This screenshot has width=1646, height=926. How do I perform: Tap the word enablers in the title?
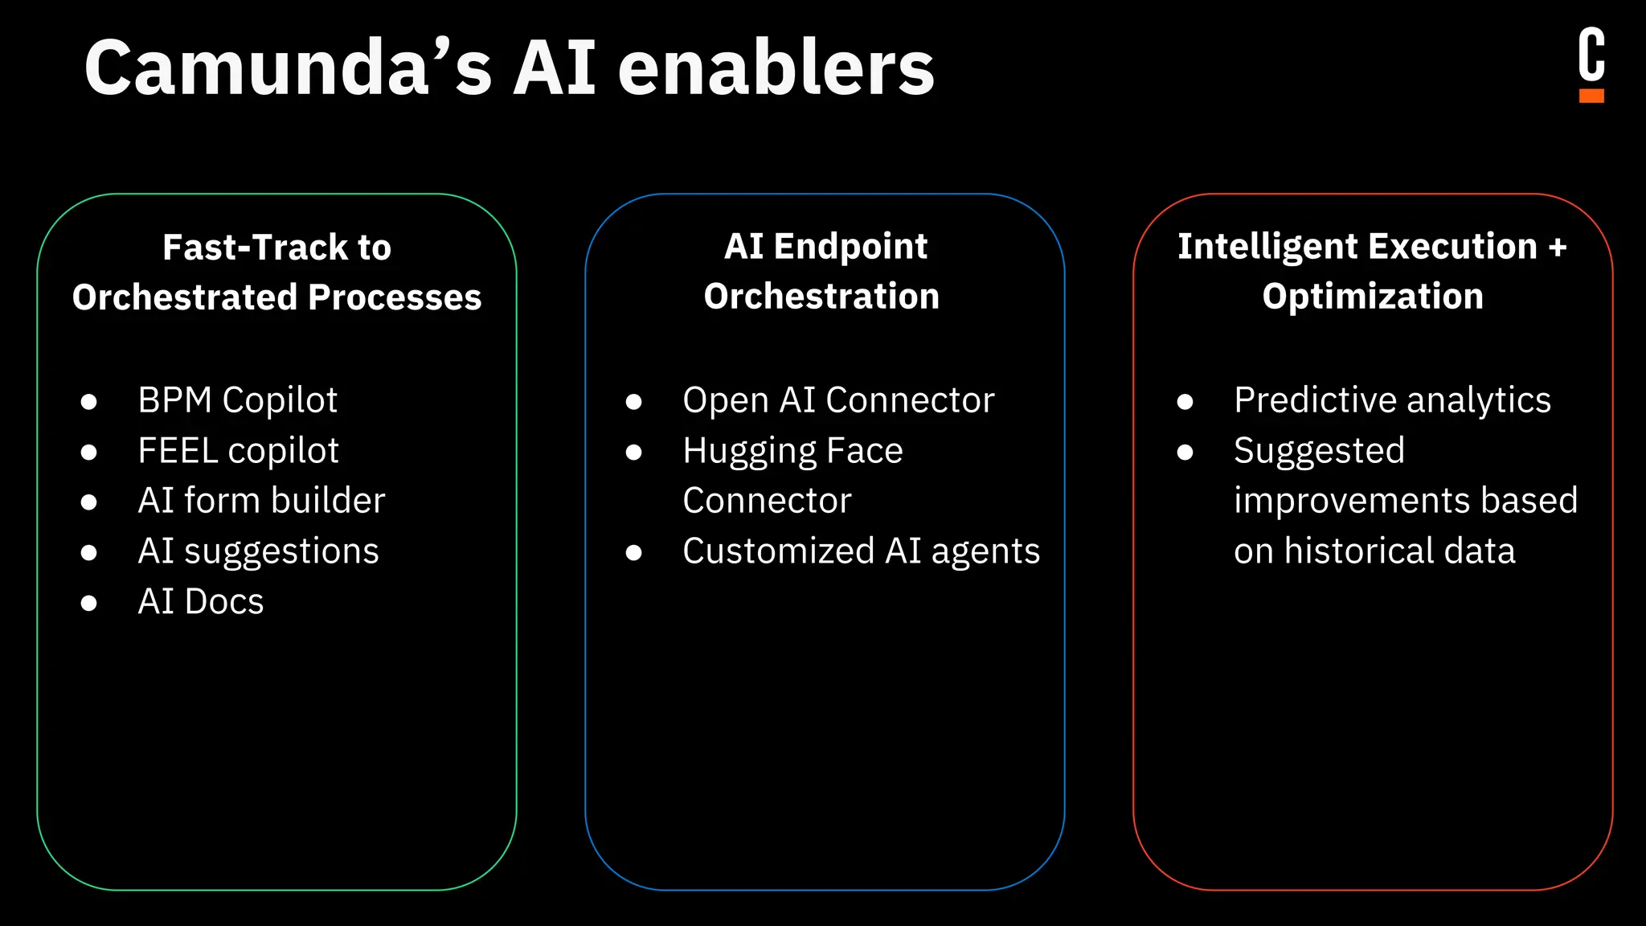tap(776, 68)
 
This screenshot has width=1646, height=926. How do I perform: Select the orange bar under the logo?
tap(1591, 96)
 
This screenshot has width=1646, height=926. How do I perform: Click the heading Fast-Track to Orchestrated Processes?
tap(276, 272)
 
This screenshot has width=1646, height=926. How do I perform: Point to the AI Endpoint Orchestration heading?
tap(823, 271)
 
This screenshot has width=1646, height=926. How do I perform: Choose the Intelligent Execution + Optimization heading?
tap(1372, 271)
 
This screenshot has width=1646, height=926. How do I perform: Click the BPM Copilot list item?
tap(237, 400)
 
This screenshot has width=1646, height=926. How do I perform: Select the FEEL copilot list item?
tap(238, 451)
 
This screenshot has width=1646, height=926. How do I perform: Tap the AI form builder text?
tap(261, 501)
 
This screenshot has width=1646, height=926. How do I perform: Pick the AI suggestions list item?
tap(258, 551)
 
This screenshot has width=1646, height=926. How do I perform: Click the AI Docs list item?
tap(201, 602)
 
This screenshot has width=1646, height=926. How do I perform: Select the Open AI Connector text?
tap(838, 400)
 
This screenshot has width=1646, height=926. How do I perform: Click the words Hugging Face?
tap(792, 451)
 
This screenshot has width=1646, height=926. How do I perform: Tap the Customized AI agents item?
tap(861, 551)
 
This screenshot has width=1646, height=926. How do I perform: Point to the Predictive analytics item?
tap(1392, 400)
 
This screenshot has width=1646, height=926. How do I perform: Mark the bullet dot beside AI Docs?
tap(89, 603)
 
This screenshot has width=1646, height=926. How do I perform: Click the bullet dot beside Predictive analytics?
tap(1185, 401)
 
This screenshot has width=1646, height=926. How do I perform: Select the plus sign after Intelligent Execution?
tap(1558, 248)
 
